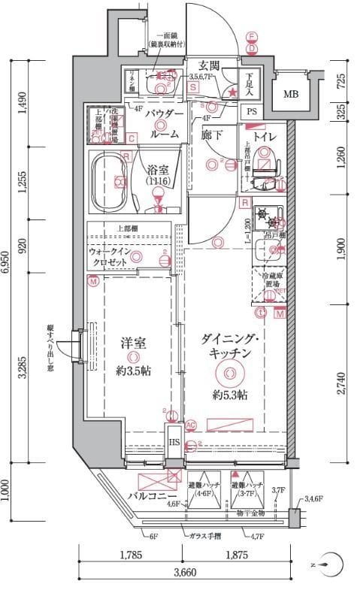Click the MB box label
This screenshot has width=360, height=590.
click(x=289, y=95)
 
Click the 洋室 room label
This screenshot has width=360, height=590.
click(x=132, y=343)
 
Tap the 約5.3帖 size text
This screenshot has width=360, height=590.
click(x=228, y=395)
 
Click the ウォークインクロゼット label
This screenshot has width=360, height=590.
click(x=111, y=257)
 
